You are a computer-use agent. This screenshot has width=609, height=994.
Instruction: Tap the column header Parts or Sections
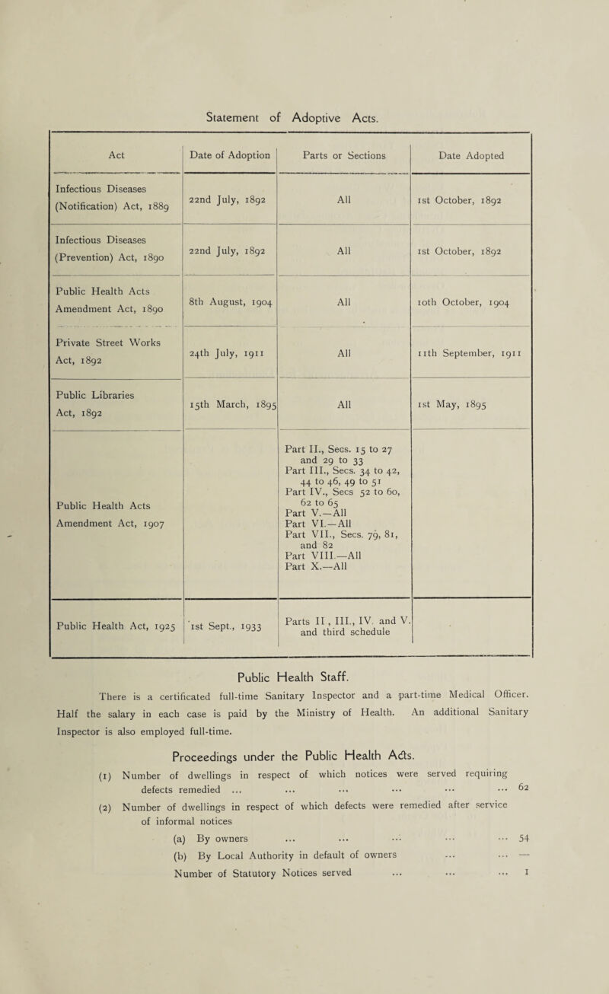[344, 156]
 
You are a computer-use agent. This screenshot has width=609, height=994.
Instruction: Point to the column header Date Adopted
[470, 156]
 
